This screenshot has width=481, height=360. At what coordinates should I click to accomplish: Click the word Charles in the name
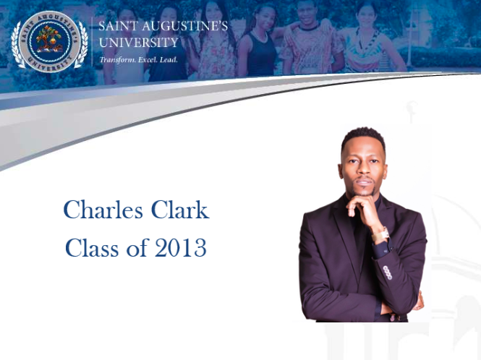pos(103,210)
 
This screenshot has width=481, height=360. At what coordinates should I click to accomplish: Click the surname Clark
pos(180,210)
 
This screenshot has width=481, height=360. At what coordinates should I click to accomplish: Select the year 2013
pos(180,247)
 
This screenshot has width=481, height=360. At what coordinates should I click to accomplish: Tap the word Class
pos(92,247)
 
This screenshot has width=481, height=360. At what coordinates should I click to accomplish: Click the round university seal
pos(49,41)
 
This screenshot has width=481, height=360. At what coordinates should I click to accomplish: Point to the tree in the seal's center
pos(49,38)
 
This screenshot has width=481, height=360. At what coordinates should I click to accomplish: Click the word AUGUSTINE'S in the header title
pos(184,26)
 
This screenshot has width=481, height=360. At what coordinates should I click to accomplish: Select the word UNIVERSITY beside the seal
pos(138,43)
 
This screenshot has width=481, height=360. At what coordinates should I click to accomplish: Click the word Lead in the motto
pos(169,59)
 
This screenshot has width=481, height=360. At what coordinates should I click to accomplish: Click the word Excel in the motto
pos(148,59)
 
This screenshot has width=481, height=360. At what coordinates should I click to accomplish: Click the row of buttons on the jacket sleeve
pos(388,273)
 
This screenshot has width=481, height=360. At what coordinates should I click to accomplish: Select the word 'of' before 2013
pos(137,247)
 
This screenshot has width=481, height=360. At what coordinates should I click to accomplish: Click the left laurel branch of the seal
pos(17,45)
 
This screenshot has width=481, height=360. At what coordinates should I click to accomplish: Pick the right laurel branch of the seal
pos(82,45)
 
